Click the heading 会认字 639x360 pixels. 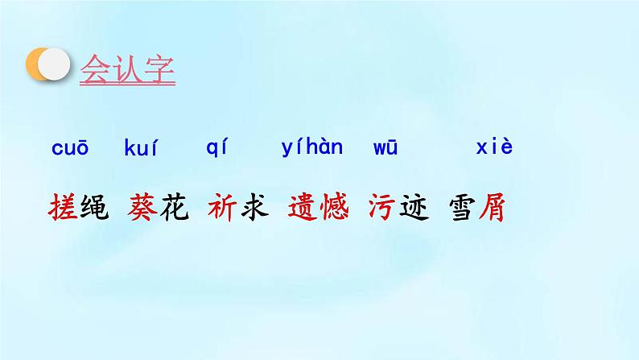(127, 68)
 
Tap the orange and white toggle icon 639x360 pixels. (47, 65)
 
